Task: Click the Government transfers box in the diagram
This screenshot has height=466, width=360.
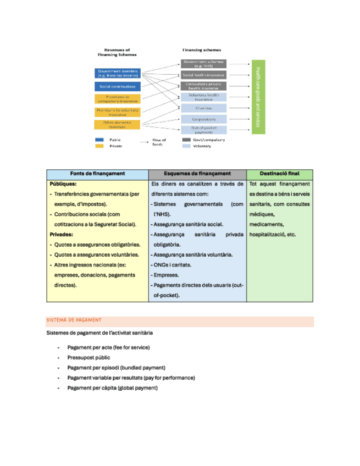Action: pos(118,73)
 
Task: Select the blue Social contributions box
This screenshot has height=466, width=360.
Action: pos(118,87)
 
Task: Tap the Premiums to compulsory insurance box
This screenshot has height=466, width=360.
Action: pos(118,99)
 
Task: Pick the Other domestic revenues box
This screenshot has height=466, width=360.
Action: pos(118,125)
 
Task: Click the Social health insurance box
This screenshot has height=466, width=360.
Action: pos(203,75)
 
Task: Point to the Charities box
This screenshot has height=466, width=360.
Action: pos(203,108)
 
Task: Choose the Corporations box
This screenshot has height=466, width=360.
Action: pos(203,119)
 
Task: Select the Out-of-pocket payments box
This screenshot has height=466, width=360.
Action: pos(203,130)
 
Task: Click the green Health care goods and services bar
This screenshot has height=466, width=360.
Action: pos(258,97)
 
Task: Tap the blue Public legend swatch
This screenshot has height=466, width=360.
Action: pos(99,140)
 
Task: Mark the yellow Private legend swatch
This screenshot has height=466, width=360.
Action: pos(99,146)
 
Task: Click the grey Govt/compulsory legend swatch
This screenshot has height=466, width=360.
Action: pos(186,140)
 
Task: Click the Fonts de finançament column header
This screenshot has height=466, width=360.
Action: pos(97,174)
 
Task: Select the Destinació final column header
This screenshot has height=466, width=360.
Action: pos(280,174)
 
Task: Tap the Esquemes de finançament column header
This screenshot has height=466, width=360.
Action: pos(197,174)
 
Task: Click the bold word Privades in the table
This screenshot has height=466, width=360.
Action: pos(62,235)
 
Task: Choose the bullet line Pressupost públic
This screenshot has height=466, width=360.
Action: pos(88,357)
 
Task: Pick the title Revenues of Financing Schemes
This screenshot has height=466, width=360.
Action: pos(117,52)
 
